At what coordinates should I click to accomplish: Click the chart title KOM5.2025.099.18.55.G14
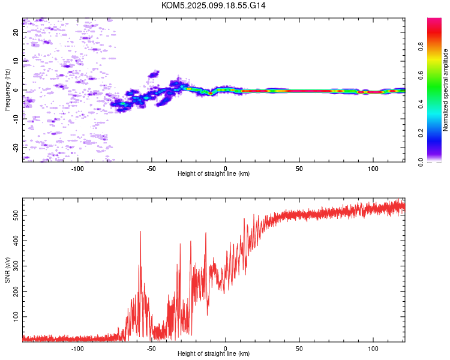(x=213, y=5)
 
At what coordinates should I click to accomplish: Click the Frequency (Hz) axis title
(x=7, y=90)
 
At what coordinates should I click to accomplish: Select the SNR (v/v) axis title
(x=7, y=270)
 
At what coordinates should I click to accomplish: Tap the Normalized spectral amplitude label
(x=445, y=90)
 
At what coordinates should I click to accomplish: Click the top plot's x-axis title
(x=214, y=173)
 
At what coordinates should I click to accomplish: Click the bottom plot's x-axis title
(x=214, y=353)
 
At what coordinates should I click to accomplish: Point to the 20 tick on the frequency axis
(x=16, y=32)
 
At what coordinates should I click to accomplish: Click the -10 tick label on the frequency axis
(x=16, y=119)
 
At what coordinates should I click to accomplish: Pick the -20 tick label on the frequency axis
(x=16, y=148)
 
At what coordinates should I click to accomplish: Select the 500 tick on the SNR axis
(x=16, y=215)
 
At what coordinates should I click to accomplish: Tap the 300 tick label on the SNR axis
(x=16, y=266)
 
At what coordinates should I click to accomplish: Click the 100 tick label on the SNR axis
(x=16, y=317)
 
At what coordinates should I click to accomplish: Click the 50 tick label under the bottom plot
(x=299, y=349)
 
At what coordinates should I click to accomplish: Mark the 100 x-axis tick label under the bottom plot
(x=373, y=349)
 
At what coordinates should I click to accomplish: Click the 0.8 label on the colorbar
(x=421, y=46)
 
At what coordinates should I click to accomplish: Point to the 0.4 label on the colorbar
(x=421, y=104)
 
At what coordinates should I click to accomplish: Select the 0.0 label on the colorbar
(x=421, y=162)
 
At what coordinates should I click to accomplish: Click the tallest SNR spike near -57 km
(x=140, y=232)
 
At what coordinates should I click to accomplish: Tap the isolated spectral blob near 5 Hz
(x=154, y=74)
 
